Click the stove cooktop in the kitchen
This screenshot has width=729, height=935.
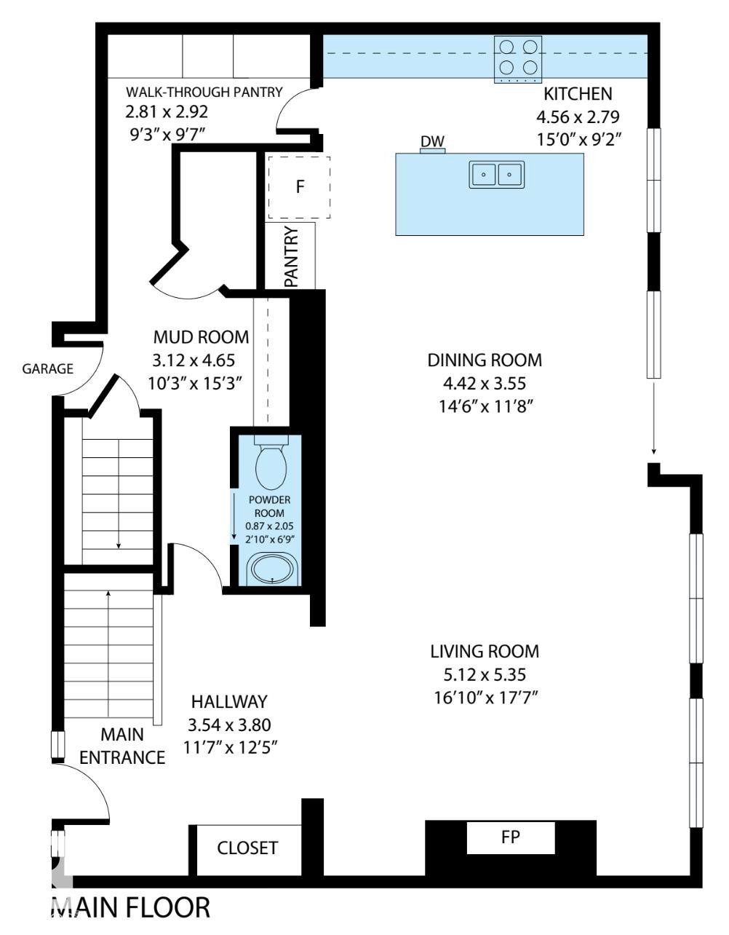click(519, 58)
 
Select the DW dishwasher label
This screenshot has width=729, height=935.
click(432, 141)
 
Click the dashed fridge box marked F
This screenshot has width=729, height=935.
click(299, 186)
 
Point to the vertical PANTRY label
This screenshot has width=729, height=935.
click(292, 256)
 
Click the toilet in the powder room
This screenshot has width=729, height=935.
click(271, 466)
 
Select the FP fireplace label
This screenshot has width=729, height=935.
click(511, 836)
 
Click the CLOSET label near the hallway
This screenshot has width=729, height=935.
click(247, 848)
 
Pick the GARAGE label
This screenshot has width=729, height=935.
click(47, 368)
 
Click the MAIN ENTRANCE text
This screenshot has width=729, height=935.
click(122, 745)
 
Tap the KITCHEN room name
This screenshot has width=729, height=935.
click(578, 94)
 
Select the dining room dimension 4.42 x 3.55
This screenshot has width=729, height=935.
click(485, 383)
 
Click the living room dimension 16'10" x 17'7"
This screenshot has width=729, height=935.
click(485, 698)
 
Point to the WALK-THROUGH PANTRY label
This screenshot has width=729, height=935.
click(204, 92)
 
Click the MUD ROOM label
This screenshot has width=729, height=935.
click(201, 337)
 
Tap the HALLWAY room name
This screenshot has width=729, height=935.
click(229, 702)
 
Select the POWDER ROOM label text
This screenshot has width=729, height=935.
click(270, 506)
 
